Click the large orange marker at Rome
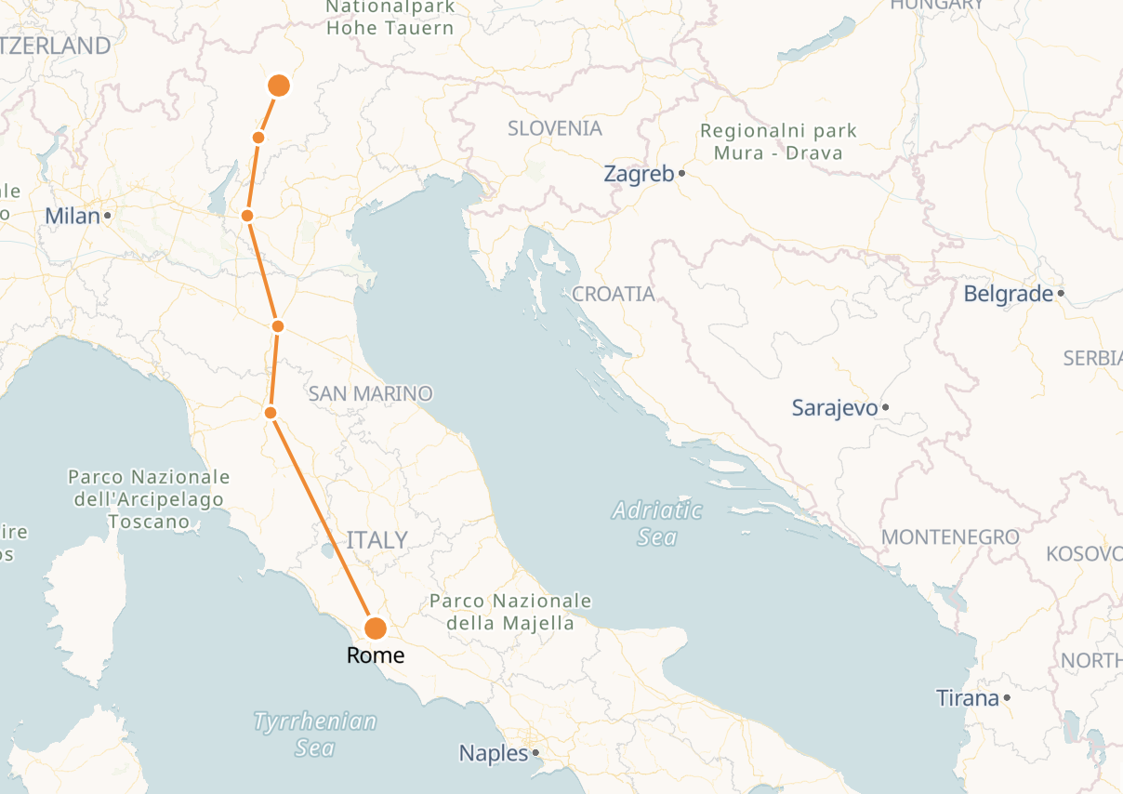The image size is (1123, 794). point(376,629)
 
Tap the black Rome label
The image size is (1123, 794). point(376,655)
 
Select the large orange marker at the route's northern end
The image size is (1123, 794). point(279,86)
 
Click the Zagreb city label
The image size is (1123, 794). point(638,174)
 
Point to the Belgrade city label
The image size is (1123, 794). point(1008,295)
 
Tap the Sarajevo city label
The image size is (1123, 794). point(834,407)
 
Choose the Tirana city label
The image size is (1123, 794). point(967,697)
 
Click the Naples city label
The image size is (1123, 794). point(494,753)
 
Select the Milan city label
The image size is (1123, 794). point(72,216)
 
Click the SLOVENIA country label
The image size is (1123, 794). point(555,128)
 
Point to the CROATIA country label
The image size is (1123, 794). point(614,294)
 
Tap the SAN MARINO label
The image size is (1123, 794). point(371,393)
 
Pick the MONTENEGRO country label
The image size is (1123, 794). point(950,537)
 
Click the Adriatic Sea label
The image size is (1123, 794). point(657,523)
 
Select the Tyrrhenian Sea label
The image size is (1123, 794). point(315,734)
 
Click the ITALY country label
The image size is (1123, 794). point(377,539)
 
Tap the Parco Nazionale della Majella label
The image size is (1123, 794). point(510,612)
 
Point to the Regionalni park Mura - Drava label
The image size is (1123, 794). point(778,141)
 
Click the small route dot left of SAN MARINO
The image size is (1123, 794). point(271,412)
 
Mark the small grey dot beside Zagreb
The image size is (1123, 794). point(681,173)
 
